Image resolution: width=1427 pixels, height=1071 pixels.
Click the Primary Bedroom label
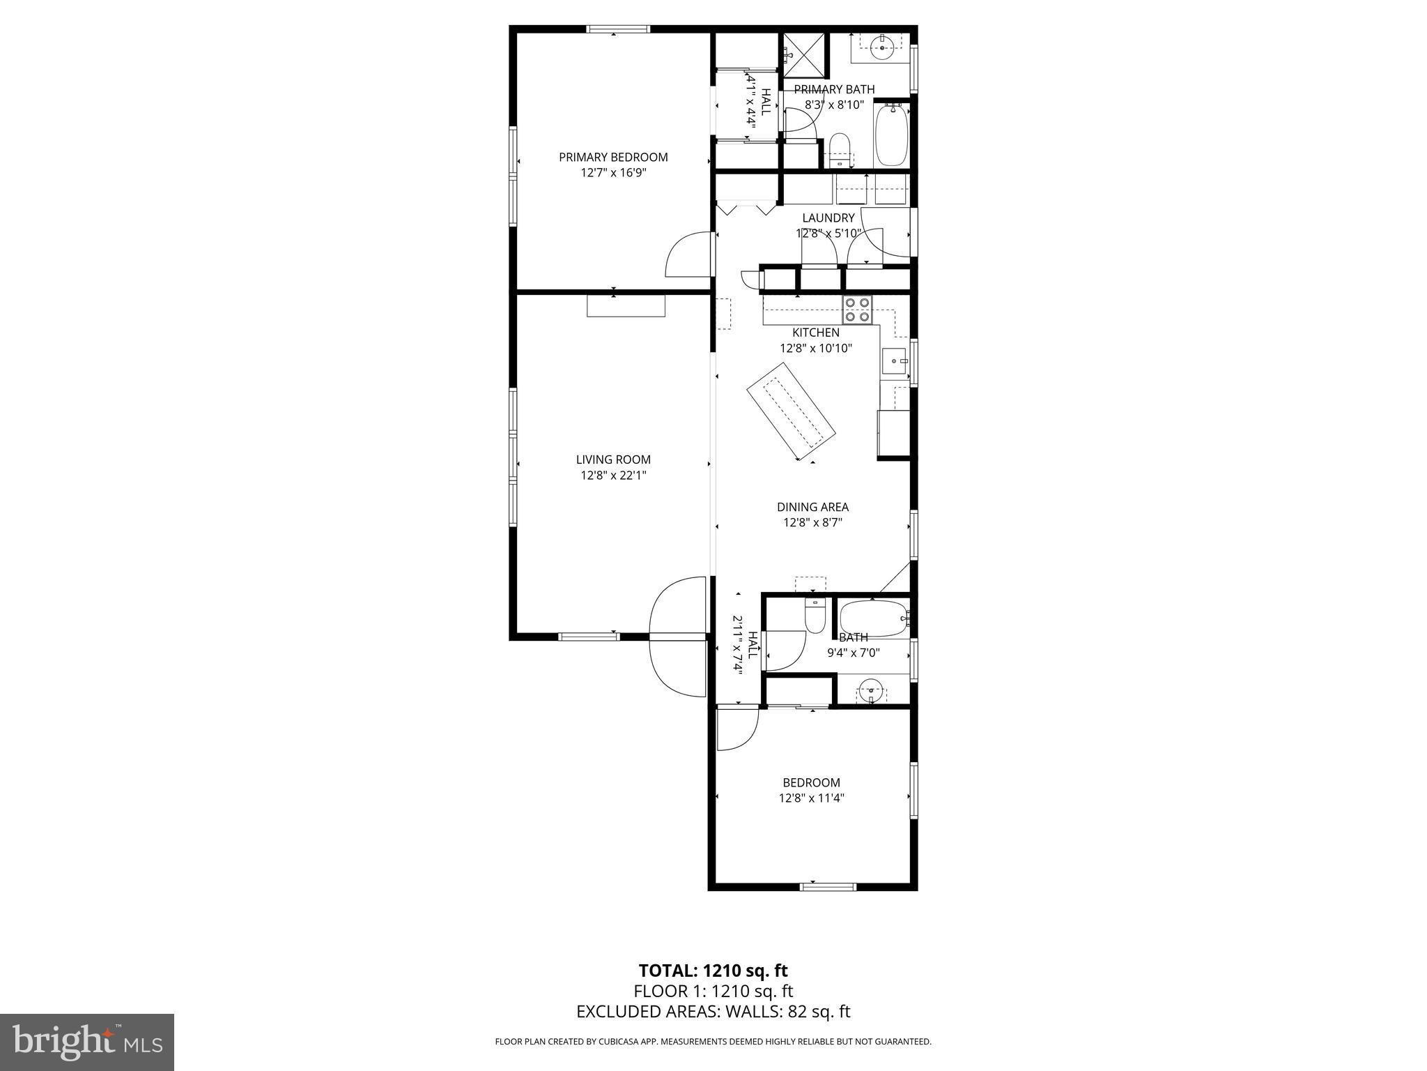(x=613, y=158)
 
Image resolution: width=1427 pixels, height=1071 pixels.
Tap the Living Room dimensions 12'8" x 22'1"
(x=613, y=476)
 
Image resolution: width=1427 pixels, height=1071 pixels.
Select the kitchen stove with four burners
(x=857, y=310)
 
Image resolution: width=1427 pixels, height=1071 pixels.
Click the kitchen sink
(x=894, y=362)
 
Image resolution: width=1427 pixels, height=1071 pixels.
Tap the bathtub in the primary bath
(x=891, y=134)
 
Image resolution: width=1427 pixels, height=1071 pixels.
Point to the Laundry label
(x=828, y=218)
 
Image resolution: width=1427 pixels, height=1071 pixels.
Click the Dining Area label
(x=812, y=507)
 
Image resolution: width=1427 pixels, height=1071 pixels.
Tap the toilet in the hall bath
(x=815, y=614)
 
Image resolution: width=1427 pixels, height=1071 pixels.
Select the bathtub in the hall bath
(x=873, y=618)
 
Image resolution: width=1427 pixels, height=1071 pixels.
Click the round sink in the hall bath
(x=871, y=692)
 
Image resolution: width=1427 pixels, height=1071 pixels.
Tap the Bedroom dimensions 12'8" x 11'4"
(x=811, y=798)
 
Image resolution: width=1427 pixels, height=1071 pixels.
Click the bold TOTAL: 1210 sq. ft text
(x=713, y=970)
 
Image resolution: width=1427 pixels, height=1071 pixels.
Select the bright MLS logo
(x=86, y=1042)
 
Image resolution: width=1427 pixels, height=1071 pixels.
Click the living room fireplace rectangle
(x=626, y=306)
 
